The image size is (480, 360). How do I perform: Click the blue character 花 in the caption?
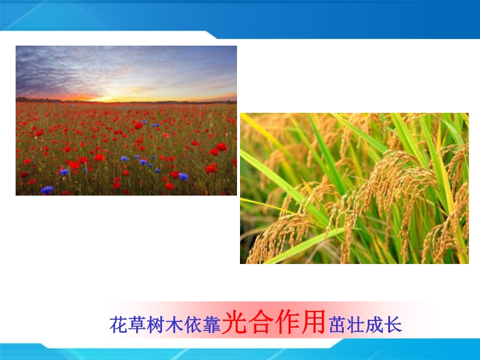click(x=118, y=325)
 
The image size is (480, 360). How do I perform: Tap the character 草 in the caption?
click(x=137, y=325)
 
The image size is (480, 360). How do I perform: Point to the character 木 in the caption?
click(x=175, y=325)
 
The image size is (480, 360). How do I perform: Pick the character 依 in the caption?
click(x=193, y=325)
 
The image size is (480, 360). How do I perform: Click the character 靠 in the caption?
click(x=212, y=325)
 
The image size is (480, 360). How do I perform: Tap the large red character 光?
click(x=235, y=322)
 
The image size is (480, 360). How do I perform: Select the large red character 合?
click(x=261, y=322)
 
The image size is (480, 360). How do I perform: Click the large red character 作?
click(x=287, y=322)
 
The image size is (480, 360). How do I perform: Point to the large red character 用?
click(x=313, y=322)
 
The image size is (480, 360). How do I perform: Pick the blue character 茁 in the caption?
click(x=338, y=325)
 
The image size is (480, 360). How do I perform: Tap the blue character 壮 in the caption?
click(x=356, y=325)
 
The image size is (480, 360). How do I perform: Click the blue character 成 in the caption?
click(x=374, y=325)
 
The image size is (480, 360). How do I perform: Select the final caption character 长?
click(x=393, y=325)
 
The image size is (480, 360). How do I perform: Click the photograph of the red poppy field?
click(x=126, y=121)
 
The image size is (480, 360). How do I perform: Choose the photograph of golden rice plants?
click(x=354, y=188)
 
